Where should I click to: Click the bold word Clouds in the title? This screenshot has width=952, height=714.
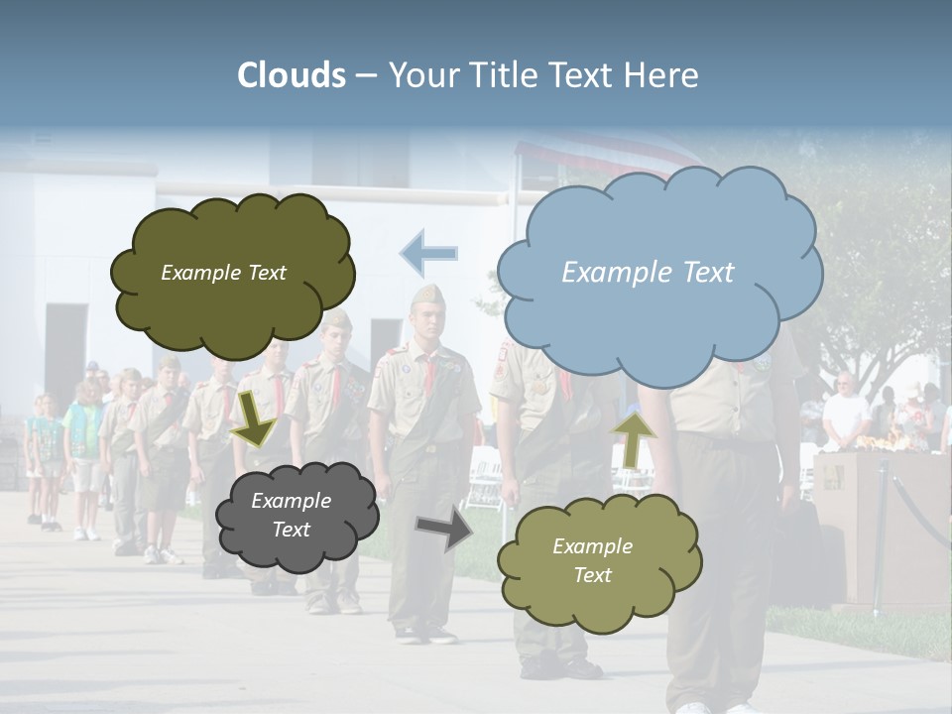click(292, 75)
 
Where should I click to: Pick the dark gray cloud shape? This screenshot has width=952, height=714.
click(295, 515)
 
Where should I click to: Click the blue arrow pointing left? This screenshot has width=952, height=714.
click(428, 253)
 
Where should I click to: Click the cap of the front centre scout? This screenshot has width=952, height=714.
click(428, 296)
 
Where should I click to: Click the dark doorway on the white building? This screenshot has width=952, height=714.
click(65, 347)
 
